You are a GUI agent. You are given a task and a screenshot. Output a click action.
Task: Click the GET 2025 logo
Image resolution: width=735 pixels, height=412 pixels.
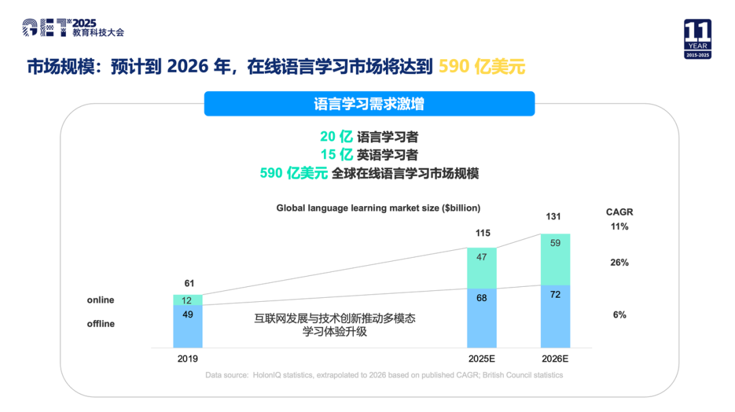pos(73,27)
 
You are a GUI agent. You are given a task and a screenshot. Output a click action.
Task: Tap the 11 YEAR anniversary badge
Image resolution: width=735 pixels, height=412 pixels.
pos(697,39)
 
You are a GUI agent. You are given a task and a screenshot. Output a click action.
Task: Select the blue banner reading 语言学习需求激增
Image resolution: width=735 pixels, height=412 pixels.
pos(369,104)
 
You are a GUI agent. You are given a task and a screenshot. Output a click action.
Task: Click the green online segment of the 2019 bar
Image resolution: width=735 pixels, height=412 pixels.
pos(187,300)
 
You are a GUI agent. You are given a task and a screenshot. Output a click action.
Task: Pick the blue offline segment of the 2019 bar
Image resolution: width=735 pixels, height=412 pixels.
pos(187,326)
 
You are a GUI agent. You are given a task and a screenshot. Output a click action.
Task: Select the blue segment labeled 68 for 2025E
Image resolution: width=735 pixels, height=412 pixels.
pos(481,317)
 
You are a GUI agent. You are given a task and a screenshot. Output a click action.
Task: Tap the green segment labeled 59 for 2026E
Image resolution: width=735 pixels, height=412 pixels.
pos(555,260)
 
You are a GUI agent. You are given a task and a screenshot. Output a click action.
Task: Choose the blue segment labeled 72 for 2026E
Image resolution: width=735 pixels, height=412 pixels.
pos(555,316)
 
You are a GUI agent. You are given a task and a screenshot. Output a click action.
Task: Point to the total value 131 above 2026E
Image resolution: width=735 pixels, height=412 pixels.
pos(555,217)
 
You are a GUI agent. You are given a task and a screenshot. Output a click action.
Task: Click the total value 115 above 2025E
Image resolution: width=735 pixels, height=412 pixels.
pos(481,233)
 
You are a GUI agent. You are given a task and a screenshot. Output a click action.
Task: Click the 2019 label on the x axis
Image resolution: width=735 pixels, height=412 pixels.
pos(187,358)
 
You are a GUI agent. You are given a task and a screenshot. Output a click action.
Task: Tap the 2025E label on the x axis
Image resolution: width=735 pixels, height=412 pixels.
pos(481,358)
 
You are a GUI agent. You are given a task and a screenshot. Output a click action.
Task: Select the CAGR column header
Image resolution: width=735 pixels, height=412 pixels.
pos(619,212)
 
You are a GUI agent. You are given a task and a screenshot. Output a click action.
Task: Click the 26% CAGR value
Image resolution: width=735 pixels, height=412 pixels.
pos(619,262)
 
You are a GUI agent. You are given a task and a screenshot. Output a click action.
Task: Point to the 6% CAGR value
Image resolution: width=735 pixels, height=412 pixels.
pos(619,315)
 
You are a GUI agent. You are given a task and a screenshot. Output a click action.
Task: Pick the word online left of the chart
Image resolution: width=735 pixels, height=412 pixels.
pos(101,300)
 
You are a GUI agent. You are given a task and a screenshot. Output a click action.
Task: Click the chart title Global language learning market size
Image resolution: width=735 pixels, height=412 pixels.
pos(378,208)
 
